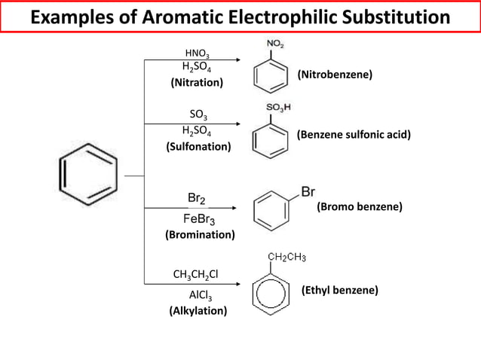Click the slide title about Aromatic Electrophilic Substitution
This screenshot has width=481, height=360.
[x=240, y=17]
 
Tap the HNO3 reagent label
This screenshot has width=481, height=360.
[x=198, y=53]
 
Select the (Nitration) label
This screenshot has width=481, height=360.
[x=198, y=82]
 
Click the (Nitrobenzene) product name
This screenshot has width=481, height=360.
[x=335, y=75]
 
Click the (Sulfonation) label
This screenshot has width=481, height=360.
[x=198, y=146]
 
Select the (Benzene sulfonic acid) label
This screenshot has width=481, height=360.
[x=353, y=136]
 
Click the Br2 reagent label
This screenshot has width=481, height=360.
[x=198, y=198]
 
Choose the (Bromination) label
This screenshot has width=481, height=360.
[x=200, y=235]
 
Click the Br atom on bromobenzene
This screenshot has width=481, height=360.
[x=308, y=191]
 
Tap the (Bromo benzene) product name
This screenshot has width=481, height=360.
[x=360, y=206]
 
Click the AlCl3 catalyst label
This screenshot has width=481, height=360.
[x=200, y=294]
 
